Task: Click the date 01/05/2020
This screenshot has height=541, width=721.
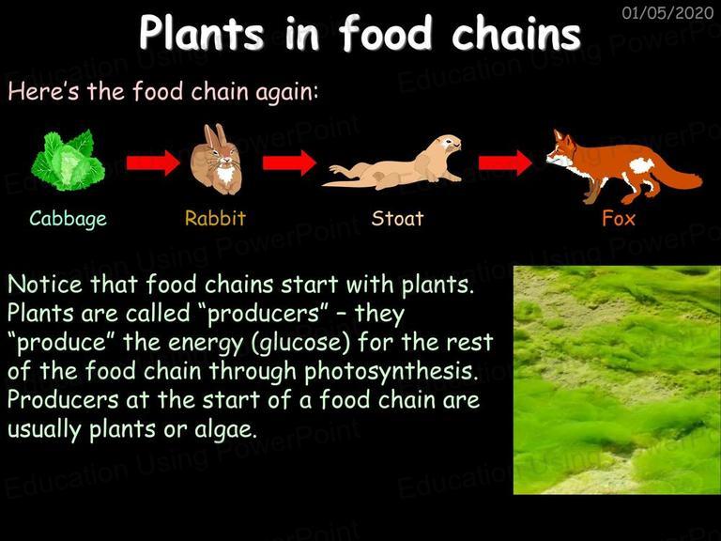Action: (667, 12)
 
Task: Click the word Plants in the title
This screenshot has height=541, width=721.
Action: (202, 33)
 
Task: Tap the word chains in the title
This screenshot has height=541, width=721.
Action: (516, 33)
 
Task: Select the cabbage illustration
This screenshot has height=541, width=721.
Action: (68, 160)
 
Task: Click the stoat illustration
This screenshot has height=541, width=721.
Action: (391, 162)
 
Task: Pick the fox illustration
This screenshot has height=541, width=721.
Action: (624, 166)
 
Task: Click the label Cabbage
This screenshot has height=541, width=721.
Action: (68, 219)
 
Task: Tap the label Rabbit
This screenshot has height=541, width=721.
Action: (215, 218)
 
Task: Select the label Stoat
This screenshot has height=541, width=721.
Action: (397, 219)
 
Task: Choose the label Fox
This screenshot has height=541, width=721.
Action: (619, 219)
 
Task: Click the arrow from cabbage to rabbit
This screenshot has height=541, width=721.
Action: (153, 162)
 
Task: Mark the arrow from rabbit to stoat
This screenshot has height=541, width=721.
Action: (289, 162)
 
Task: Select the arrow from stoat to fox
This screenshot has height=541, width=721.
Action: (505, 162)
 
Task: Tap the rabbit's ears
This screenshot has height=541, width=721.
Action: (215, 135)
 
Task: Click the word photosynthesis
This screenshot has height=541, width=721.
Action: (391, 372)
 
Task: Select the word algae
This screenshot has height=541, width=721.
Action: (225, 430)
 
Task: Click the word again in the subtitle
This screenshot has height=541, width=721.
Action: (286, 92)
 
